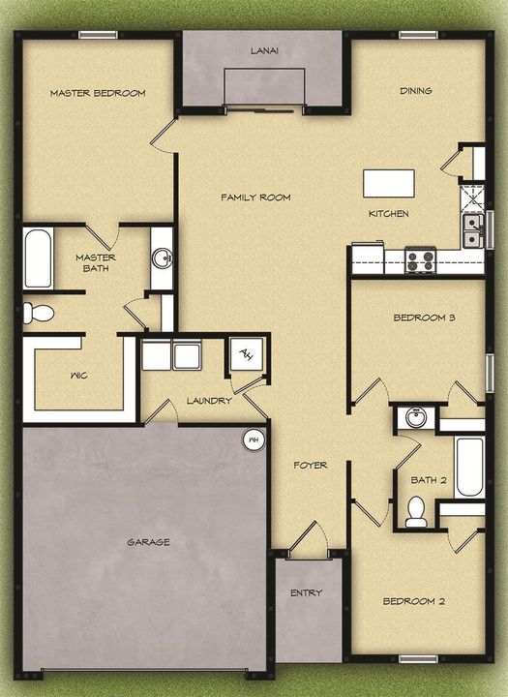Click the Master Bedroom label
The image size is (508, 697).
[x=98, y=93]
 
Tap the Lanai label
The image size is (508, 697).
[x=263, y=51]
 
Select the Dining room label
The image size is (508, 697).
[x=416, y=91]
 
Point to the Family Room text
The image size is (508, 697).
[x=255, y=197]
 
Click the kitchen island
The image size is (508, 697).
[x=388, y=183]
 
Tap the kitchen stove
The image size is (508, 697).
[x=420, y=259]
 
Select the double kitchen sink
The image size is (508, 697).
[x=473, y=230]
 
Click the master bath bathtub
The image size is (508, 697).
[x=38, y=258]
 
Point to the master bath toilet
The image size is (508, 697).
[x=39, y=313]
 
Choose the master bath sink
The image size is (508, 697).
[x=162, y=258]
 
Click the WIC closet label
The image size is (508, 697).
[x=80, y=375]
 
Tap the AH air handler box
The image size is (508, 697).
[x=245, y=354]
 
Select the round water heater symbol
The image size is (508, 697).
[x=254, y=439]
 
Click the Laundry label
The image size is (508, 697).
[x=209, y=400]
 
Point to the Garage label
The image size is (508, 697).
[x=148, y=542]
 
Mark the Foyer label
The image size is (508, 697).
[x=311, y=466]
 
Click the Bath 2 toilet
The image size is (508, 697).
[x=416, y=512]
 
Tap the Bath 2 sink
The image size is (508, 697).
[x=416, y=418]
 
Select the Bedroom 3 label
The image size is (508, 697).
[x=424, y=318]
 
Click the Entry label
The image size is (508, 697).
[x=306, y=592]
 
